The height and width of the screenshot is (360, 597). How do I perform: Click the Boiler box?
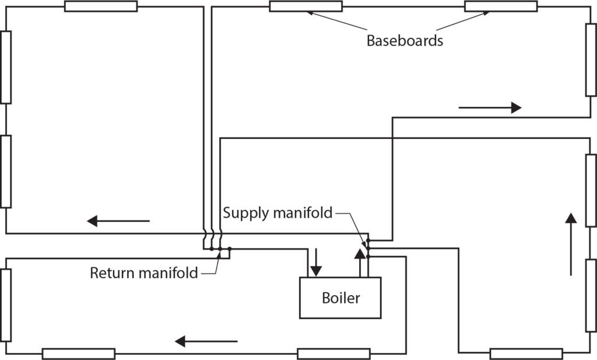coord(340,298)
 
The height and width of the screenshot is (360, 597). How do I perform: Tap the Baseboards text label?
coord(404,41)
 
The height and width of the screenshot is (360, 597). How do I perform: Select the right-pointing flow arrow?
coord(489,107)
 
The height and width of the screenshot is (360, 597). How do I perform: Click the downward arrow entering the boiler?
coord(315,262)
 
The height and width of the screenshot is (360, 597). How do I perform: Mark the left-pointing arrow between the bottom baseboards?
coord(206,341)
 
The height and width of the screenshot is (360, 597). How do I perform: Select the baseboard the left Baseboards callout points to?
coord(305,6)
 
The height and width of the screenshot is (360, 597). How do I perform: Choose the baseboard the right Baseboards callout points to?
coord(501,6)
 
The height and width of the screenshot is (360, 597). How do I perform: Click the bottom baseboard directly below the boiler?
coord(333,354)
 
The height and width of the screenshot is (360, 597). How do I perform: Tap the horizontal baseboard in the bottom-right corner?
coord(526,354)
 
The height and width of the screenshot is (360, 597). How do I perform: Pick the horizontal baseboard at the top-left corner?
coord(100,6)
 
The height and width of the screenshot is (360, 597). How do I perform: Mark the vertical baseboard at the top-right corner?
coord(591,60)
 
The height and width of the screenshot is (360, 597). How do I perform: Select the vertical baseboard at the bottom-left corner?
coord(6,305)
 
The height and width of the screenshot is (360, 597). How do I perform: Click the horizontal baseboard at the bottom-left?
coord(78,354)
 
